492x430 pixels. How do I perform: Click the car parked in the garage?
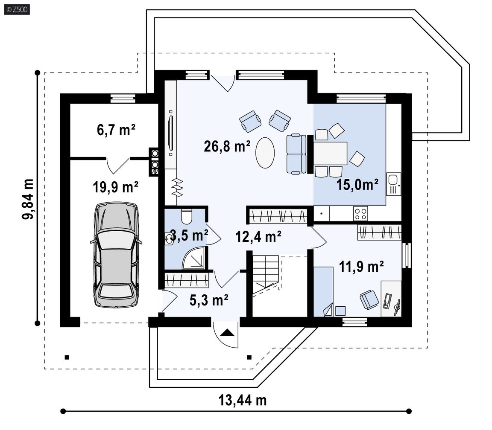[116, 255]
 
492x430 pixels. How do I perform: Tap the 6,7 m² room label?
[116, 130]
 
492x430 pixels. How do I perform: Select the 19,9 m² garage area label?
[115, 187]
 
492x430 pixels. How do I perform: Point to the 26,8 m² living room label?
[227, 146]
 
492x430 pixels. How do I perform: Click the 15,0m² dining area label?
[357, 185]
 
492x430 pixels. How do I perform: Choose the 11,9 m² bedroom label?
[361, 267]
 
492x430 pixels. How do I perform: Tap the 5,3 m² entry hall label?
[209, 300]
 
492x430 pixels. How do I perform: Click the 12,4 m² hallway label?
[258, 237]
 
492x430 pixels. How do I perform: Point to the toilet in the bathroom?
[187, 217]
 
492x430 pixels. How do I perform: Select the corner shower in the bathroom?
[195, 258]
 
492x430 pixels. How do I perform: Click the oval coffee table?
[265, 153]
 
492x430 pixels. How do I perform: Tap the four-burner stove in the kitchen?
[360, 213]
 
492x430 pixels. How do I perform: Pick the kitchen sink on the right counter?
[393, 184]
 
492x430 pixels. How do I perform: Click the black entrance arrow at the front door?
[227, 333]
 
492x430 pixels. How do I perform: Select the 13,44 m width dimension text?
[243, 400]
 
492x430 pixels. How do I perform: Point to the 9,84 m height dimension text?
[28, 199]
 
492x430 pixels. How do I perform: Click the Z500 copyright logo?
[17, 9]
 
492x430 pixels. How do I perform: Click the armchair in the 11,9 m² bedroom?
[369, 300]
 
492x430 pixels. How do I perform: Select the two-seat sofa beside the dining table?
[296, 154]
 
